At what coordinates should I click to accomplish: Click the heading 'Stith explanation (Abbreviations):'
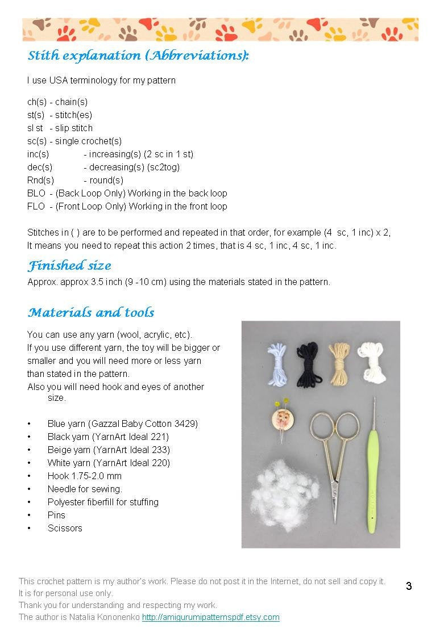click(x=138, y=56)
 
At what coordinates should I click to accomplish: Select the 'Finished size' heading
click(x=69, y=266)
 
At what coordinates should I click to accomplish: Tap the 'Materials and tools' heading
click(x=91, y=313)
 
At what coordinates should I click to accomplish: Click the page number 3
click(x=409, y=586)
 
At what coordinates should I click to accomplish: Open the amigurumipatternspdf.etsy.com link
click(x=210, y=617)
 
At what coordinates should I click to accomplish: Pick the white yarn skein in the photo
click(x=372, y=361)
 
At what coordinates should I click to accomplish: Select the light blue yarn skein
click(x=277, y=363)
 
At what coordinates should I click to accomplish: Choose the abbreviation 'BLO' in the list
click(x=36, y=194)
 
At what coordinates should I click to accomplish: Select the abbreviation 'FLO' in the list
click(x=36, y=207)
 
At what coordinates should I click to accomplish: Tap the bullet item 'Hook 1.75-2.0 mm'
click(x=84, y=476)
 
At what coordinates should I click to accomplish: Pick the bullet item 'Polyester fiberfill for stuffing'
click(x=103, y=502)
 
